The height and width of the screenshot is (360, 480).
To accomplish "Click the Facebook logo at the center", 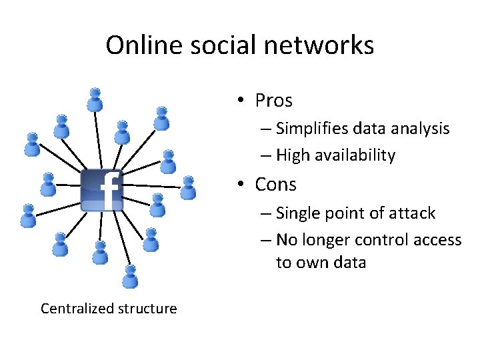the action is [x=101, y=190].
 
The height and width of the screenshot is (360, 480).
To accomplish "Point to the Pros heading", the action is [x=273, y=101].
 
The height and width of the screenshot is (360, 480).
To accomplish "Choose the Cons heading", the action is [x=275, y=184].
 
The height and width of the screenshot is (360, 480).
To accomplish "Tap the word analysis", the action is [x=419, y=128].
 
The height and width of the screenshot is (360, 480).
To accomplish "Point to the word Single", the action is [x=296, y=213].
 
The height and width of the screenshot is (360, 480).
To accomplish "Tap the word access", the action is [x=436, y=240].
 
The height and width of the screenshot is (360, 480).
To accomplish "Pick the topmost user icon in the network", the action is [x=95, y=99].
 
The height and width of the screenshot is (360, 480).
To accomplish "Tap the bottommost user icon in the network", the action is [x=131, y=276].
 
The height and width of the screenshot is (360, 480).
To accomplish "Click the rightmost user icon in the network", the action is [x=189, y=187].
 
